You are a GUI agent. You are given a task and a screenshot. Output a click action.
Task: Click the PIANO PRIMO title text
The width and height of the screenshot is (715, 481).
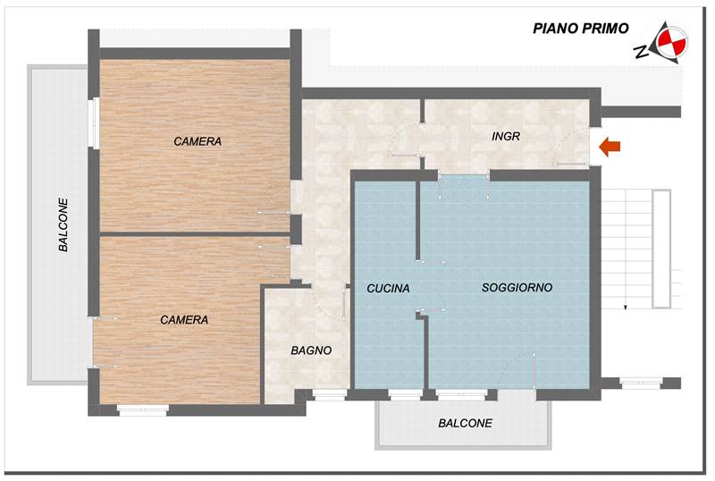pyautogui.click(x=581, y=29)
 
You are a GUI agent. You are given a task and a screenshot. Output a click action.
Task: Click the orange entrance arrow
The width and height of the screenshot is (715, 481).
pyautogui.click(x=610, y=146)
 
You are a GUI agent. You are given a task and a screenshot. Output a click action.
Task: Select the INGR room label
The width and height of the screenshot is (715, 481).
pyautogui.click(x=506, y=137)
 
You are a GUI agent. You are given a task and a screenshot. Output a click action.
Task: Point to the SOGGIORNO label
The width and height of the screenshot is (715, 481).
pyautogui.click(x=517, y=288)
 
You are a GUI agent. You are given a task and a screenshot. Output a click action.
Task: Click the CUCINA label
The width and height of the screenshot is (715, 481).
pyautogui.click(x=388, y=289)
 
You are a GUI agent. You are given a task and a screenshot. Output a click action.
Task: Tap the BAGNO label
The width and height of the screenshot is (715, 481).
pyautogui.click(x=311, y=350)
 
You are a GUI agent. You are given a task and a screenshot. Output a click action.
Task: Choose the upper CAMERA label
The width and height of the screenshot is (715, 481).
pyautogui.click(x=198, y=141)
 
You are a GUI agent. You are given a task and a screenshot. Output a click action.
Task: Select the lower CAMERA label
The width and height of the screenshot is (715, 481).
pyautogui.click(x=184, y=319)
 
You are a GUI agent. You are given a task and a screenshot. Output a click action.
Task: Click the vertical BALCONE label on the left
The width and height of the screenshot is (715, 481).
pyautogui.click(x=63, y=224)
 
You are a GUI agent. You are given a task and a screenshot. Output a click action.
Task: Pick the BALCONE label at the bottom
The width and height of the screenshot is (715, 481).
pyautogui.click(x=465, y=423)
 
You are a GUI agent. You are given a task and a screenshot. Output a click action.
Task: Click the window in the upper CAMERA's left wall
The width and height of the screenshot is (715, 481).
pyautogui.click(x=93, y=122)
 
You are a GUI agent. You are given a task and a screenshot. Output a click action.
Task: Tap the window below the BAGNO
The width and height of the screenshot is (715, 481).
pyautogui.click(x=329, y=394)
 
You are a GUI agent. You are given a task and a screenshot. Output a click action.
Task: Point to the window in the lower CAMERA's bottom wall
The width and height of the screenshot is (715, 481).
pyautogui.click(x=143, y=410)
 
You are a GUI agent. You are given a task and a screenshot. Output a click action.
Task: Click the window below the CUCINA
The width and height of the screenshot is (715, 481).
pyautogui.click(x=406, y=394)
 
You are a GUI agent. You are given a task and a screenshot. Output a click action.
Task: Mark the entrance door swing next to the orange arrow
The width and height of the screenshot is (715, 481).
pyautogui.click(x=572, y=148)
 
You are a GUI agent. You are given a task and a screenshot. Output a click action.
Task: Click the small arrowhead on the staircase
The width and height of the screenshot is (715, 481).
pyautogui.click(x=626, y=308)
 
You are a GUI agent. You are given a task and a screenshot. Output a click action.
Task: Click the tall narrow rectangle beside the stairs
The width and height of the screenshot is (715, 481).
pyautogui.click(x=661, y=248)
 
